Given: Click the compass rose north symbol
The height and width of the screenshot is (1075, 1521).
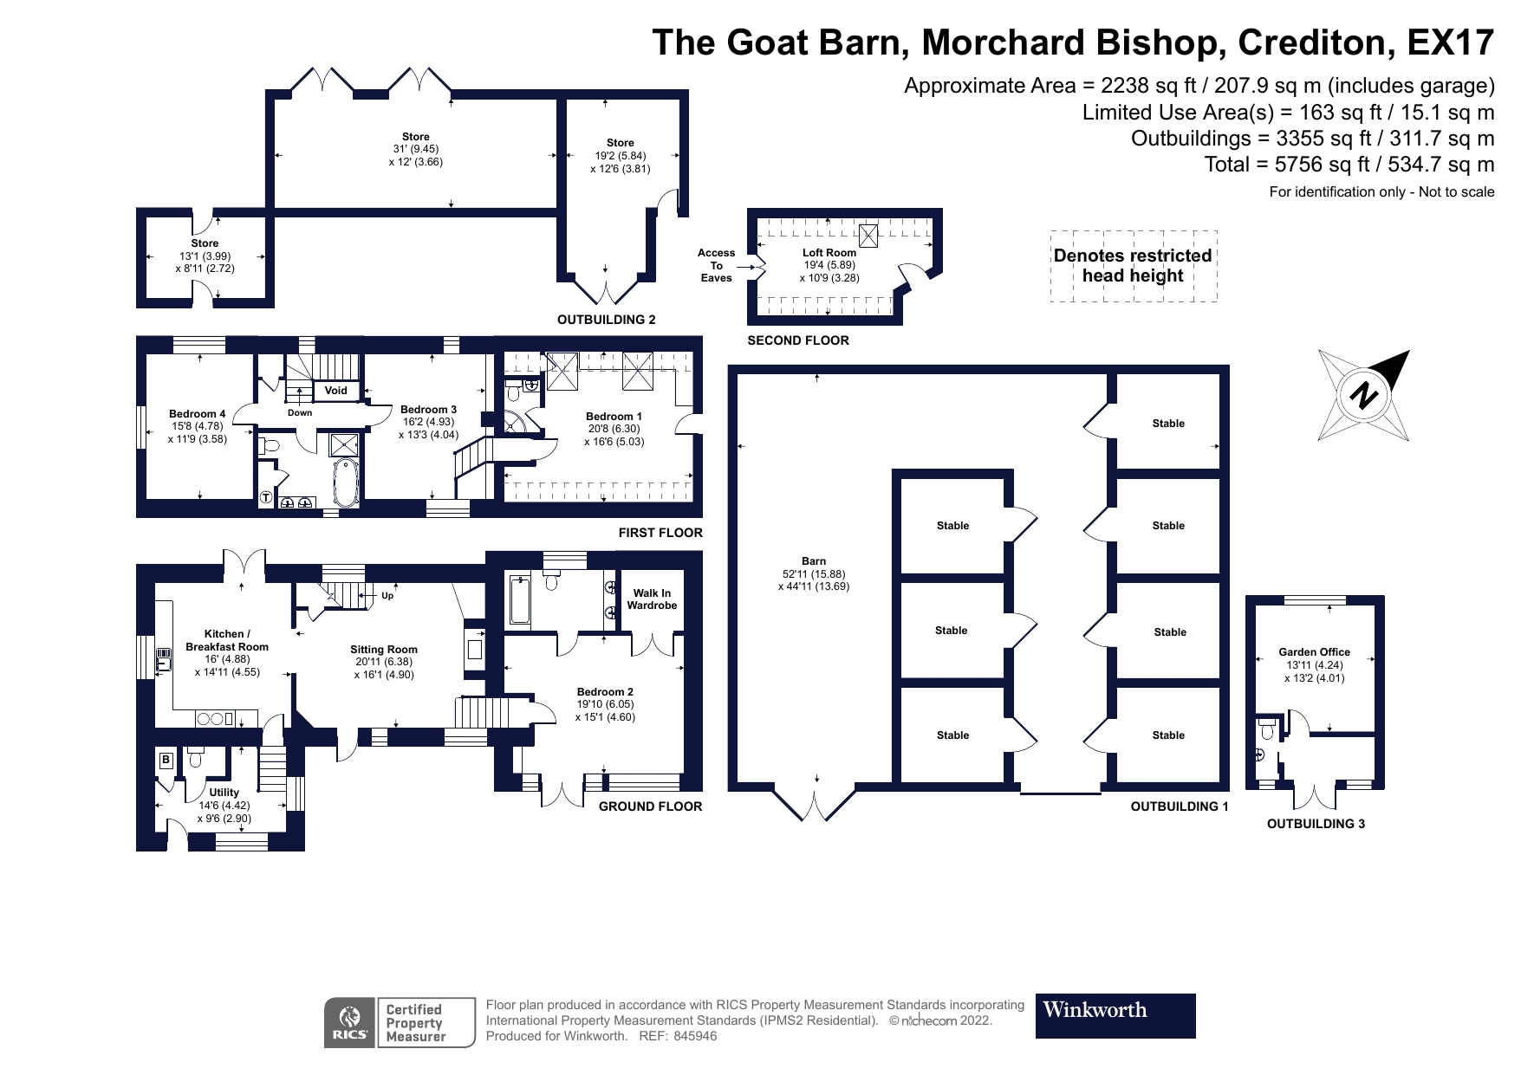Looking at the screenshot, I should (1364, 396).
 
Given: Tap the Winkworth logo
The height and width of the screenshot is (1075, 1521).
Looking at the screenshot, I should (1115, 1015).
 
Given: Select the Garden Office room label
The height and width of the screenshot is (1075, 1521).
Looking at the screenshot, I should (1314, 652).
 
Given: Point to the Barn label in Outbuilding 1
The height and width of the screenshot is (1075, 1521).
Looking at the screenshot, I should (813, 561).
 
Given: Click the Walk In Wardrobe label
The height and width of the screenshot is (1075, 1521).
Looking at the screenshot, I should (652, 599).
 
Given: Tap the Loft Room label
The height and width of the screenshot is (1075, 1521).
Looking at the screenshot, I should (829, 253).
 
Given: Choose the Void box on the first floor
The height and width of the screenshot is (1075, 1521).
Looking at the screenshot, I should (336, 391).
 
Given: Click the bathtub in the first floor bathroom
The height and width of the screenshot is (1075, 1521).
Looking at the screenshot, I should (346, 483).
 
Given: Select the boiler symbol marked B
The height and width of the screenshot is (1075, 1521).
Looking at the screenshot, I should (166, 761).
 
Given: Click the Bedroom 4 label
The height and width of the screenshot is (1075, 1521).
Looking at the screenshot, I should (197, 414).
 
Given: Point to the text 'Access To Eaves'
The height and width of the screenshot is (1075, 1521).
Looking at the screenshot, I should (717, 265).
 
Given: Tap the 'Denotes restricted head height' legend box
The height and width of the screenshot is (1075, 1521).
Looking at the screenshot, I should (1133, 266).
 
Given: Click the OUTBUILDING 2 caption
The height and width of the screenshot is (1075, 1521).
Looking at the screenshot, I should (606, 320).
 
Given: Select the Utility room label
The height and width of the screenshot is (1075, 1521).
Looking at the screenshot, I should (224, 793).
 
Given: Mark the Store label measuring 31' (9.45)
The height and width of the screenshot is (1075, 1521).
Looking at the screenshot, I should (415, 137).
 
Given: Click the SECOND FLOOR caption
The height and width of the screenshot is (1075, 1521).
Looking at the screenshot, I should (798, 340).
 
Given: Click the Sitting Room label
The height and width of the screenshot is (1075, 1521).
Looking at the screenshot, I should (384, 650).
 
